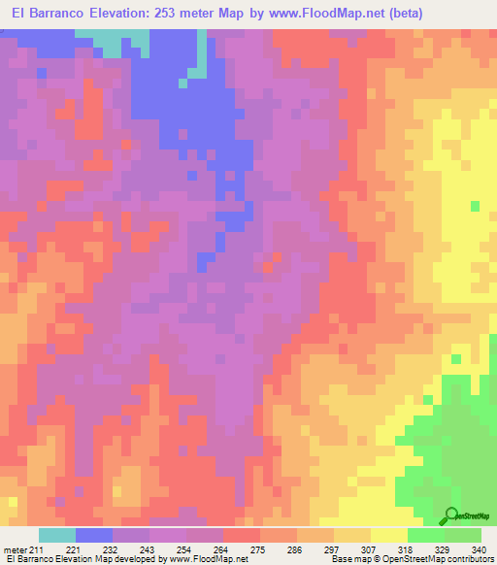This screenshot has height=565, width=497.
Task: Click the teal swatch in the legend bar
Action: tap(57, 535)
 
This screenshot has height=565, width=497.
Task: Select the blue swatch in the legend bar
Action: tap(94, 535)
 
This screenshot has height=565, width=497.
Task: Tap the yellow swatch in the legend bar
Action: tap(389, 535)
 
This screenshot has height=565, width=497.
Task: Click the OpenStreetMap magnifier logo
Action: tap(452, 515)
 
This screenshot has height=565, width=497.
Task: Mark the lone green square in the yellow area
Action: tap(475, 206)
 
